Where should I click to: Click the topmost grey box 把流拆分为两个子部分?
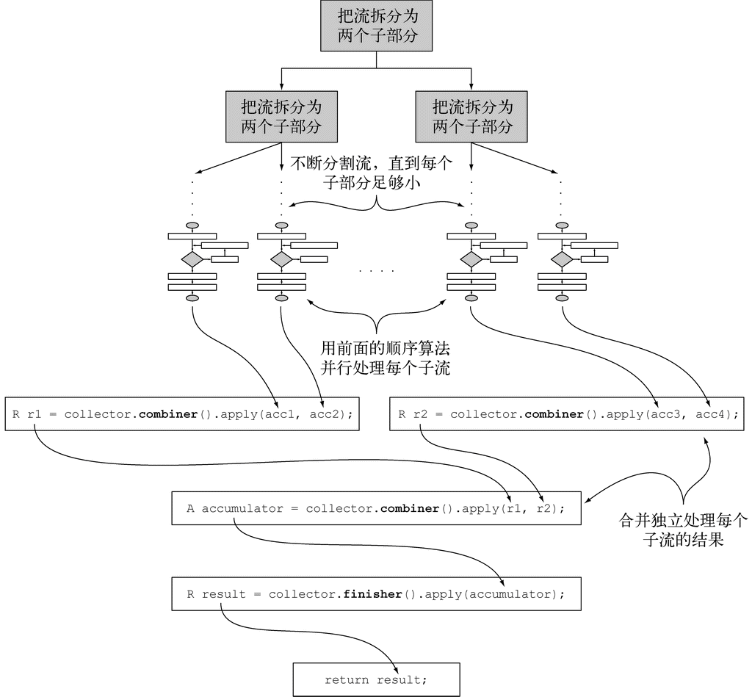pos(377,26)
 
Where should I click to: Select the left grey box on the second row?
pos(281,116)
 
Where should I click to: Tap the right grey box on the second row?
pos(471,116)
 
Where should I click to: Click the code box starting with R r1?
pos(182,413)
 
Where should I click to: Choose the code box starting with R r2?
pos(568,413)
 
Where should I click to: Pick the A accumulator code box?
pos(376,508)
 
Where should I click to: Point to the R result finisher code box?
pos(376,593)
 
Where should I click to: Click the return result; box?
pos(376,679)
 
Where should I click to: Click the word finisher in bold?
pos(372,593)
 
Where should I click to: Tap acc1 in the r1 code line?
pos(283,413)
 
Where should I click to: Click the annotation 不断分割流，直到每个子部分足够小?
pos(375,172)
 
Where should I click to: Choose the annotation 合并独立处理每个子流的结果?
pos(683,530)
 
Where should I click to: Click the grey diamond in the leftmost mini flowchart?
pos(192,259)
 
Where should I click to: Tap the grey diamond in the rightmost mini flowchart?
pos(562,259)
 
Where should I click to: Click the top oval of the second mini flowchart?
pos(282,225)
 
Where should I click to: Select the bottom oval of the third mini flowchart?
pos(471,298)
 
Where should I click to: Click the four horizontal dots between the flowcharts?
pos(377,271)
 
